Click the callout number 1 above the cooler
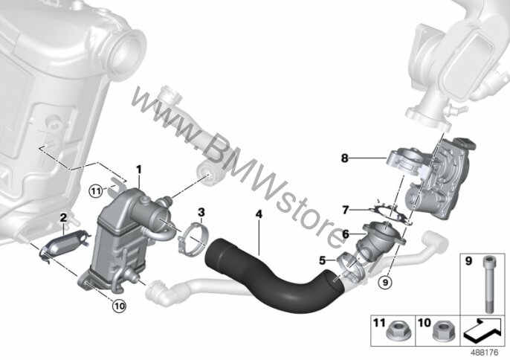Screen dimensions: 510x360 click(x=139, y=170)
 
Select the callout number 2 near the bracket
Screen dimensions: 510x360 click(x=63, y=218)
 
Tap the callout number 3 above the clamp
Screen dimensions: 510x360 click(x=201, y=213)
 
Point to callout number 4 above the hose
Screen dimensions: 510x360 click(x=259, y=214)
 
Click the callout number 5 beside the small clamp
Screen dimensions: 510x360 click(x=323, y=260)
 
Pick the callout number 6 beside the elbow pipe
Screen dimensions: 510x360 click(x=346, y=234)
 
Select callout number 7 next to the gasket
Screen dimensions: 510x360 click(x=346, y=210)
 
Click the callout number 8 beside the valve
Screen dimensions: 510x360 click(x=345, y=158)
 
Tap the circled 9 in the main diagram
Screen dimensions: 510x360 click(x=385, y=282)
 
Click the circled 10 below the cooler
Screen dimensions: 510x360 click(x=119, y=306)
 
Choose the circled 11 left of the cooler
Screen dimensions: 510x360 click(x=96, y=191)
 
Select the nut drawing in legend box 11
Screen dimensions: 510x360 click(x=396, y=332)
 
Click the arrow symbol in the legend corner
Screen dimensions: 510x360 click(x=482, y=331)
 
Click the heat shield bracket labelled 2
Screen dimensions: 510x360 click(x=63, y=246)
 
